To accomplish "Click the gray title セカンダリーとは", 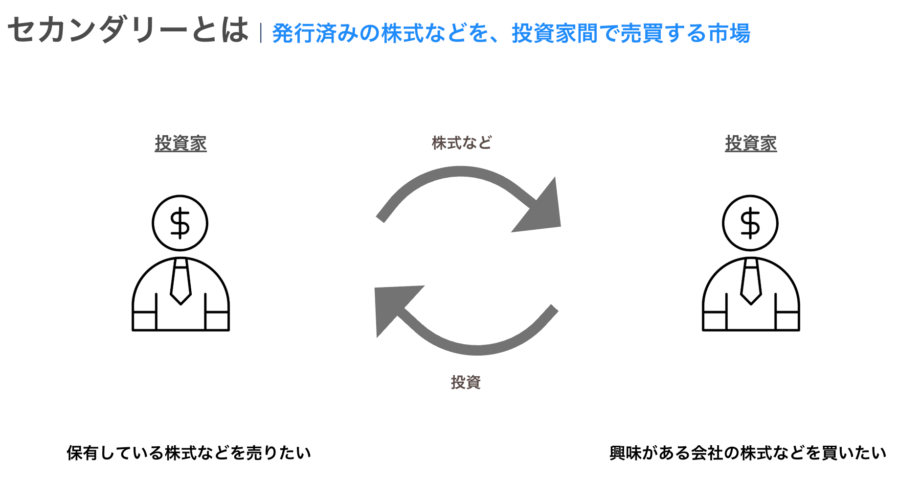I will (128, 30).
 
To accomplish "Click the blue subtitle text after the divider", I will (511, 33).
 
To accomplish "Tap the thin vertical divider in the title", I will (261, 33).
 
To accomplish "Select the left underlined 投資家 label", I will (180, 144).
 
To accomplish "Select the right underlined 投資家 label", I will (750, 144).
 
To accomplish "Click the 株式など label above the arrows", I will (461, 143).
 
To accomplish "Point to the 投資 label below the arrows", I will (466, 382).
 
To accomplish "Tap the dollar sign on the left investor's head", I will (180, 223).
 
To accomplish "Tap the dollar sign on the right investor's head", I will (750, 223).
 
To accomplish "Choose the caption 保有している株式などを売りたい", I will (189, 453).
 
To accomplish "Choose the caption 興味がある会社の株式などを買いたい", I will (747, 453).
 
